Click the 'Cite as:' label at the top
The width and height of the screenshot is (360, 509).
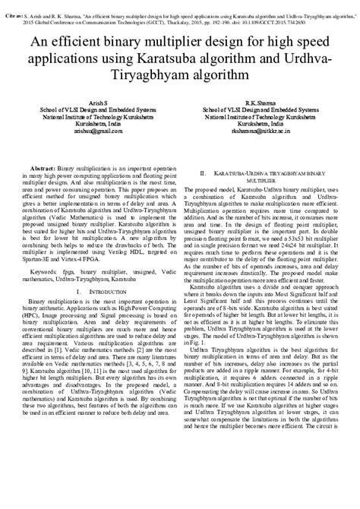[x=14, y=5]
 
